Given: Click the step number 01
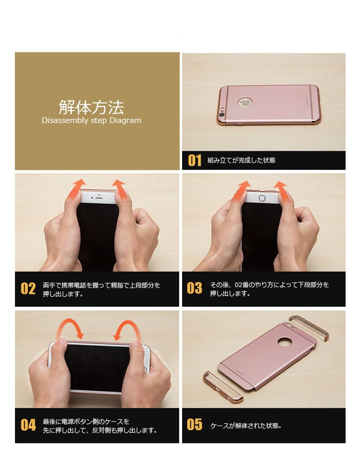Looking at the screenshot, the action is pyautogui.click(x=195, y=161).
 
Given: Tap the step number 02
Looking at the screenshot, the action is pyautogui.click(x=28, y=289).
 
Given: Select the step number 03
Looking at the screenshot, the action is pyautogui.click(x=194, y=288).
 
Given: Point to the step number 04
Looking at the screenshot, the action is pyautogui.click(x=28, y=425).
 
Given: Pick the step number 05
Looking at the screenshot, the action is pyautogui.click(x=194, y=424).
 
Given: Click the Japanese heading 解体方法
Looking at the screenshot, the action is pyautogui.click(x=91, y=107).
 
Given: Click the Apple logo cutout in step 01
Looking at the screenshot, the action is pyautogui.click(x=245, y=103).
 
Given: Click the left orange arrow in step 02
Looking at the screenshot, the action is pyautogui.click(x=75, y=189).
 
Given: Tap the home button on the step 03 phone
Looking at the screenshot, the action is pyautogui.click(x=262, y=198).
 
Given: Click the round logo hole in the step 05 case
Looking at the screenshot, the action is pyautogui.click(x=285, y=342).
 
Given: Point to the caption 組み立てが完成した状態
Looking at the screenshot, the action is pyautogui.click(x=241, y=161).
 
